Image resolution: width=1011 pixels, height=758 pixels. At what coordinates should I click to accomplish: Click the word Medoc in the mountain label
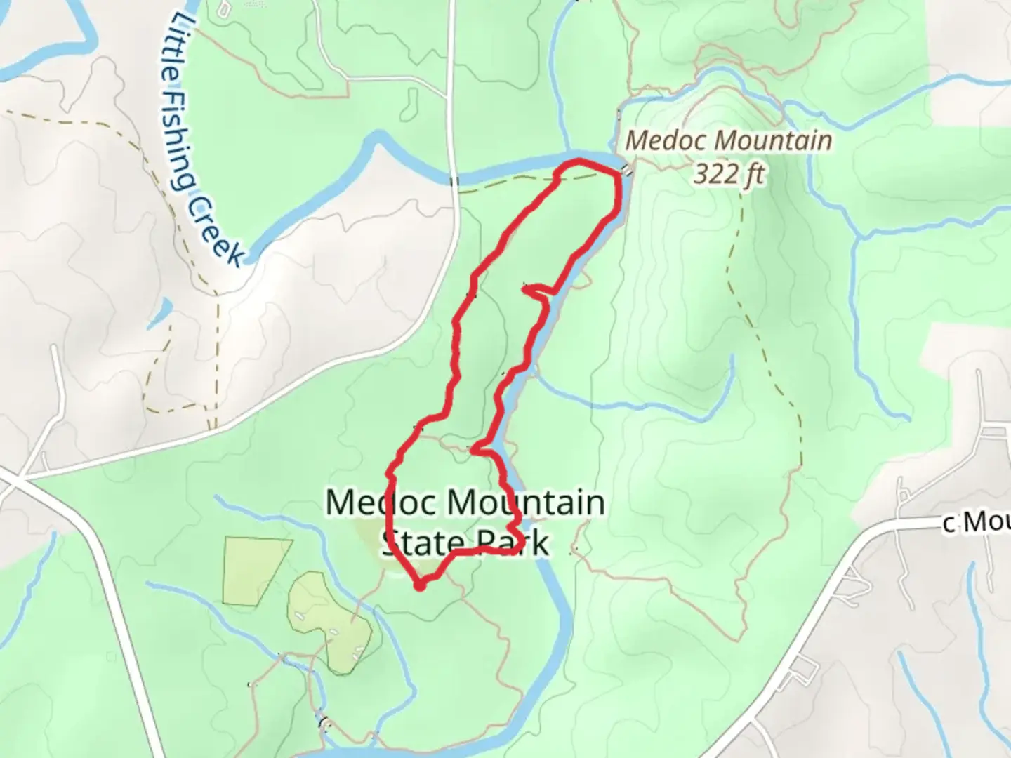[x=659, y=140]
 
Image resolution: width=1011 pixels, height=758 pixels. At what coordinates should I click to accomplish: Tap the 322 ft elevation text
[x=728, y=173]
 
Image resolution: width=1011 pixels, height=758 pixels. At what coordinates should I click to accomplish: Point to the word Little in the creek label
[x=178, y=41]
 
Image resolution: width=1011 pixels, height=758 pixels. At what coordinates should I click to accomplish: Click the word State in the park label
[x=423, y=543]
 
